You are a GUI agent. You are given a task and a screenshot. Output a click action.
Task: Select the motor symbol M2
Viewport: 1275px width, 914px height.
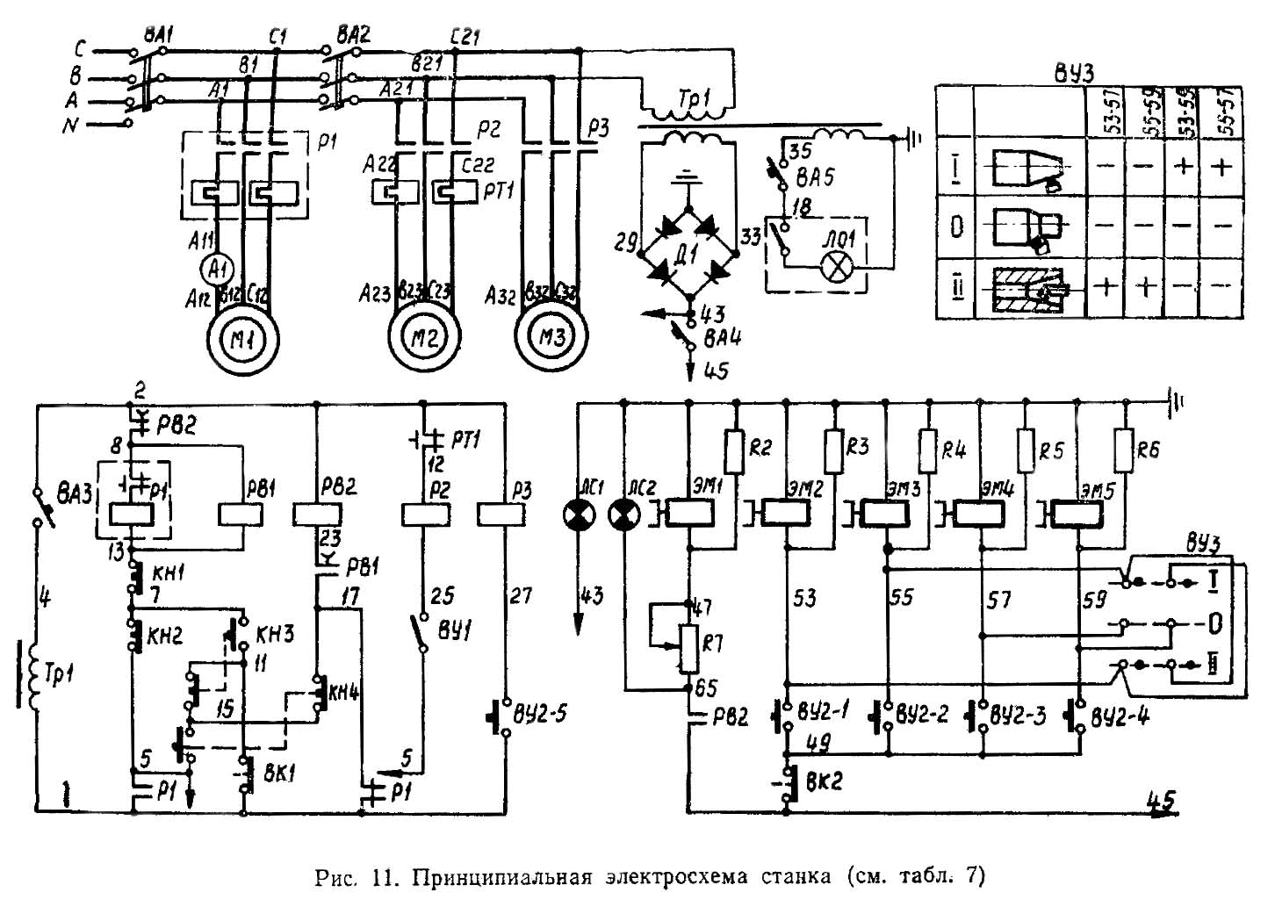[425, 337]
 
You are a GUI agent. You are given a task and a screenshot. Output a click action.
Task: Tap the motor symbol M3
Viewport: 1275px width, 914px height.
[551, 337]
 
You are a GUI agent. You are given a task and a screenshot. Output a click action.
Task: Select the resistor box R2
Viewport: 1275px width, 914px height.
[736, 450]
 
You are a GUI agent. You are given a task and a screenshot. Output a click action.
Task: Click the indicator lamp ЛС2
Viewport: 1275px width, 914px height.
[623, 515]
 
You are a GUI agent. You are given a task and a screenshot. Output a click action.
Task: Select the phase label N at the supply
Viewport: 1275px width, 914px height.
[71, 126]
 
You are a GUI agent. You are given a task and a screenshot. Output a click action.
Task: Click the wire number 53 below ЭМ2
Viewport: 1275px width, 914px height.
[804, 598]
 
